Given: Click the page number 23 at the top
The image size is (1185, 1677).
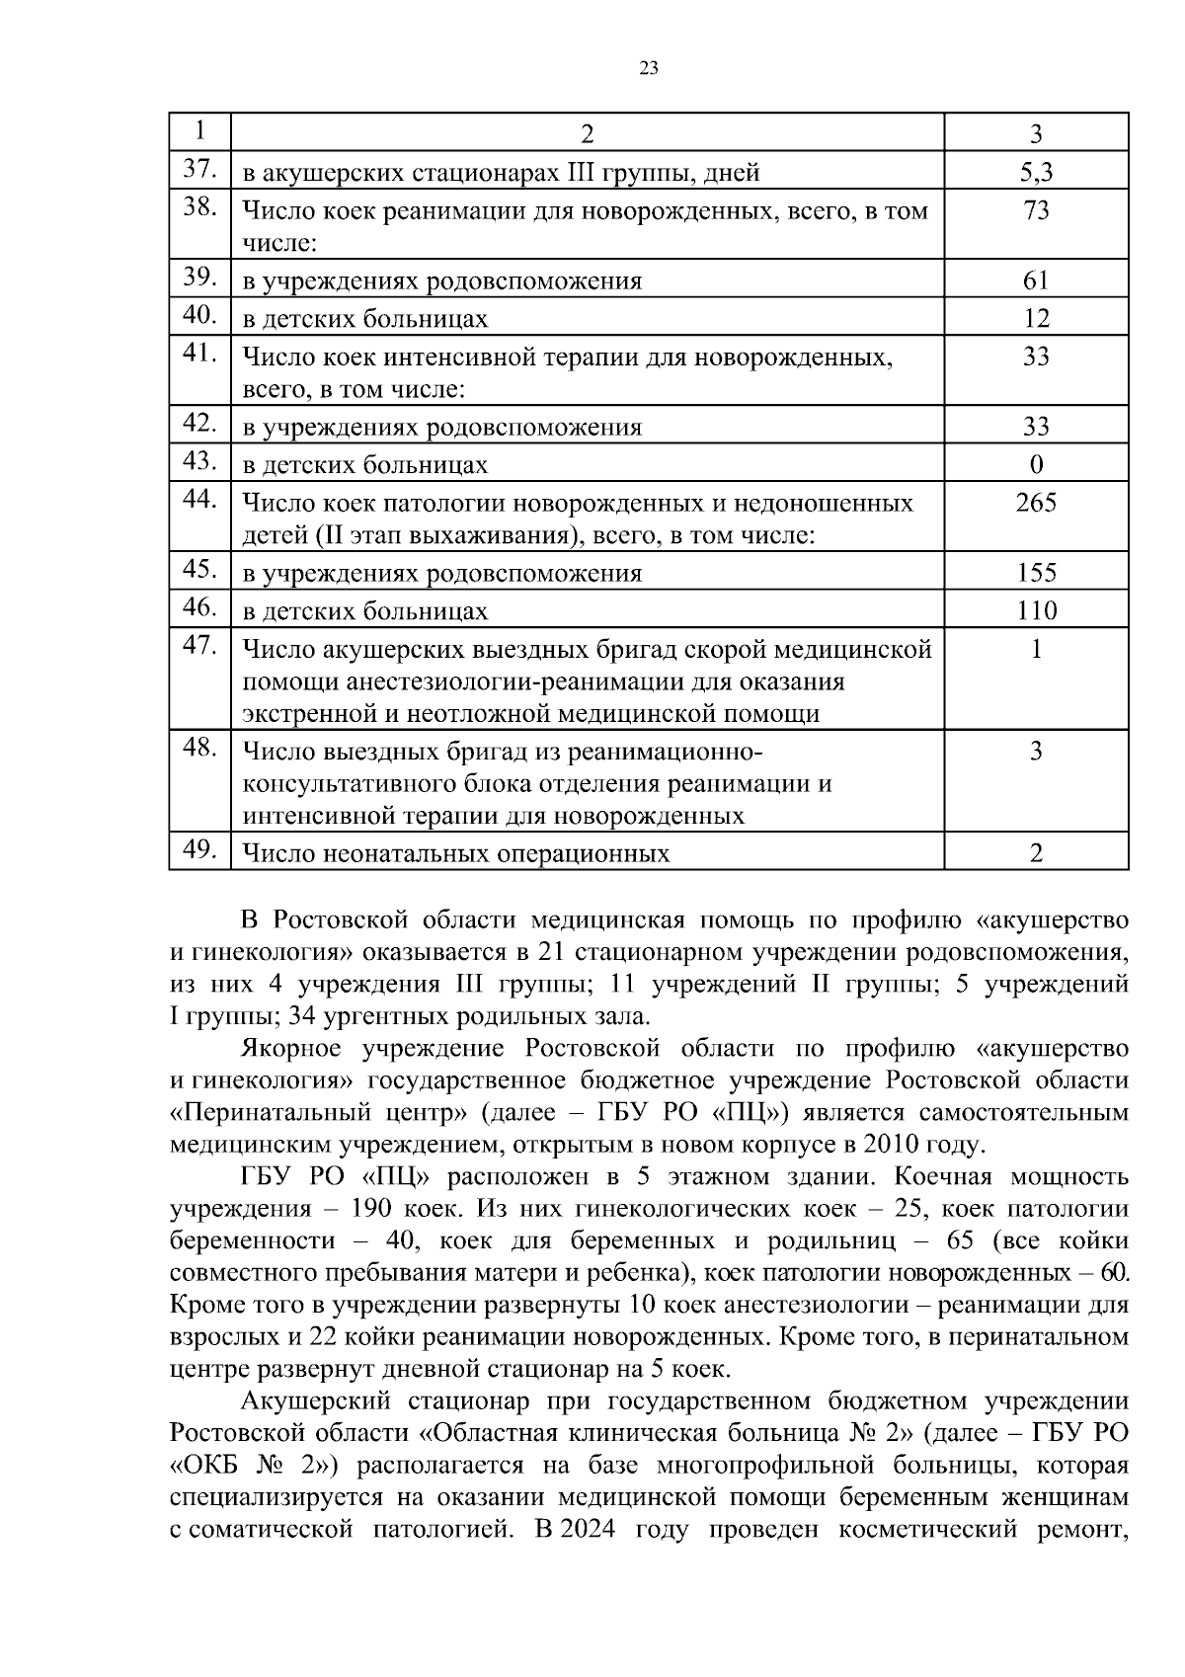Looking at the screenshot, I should (x=649, y=68).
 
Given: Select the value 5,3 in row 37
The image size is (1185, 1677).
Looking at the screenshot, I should (x=1036, y=173).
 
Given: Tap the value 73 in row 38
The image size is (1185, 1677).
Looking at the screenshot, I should (x=1036, y=210).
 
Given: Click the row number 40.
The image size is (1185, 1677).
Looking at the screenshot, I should (x=199, y=315).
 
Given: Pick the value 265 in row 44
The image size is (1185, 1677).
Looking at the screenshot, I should (x=1036, y=503).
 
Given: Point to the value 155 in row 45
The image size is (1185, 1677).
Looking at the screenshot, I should (x=1036, y=573).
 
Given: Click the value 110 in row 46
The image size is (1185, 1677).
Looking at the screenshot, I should (x=1036, y=611).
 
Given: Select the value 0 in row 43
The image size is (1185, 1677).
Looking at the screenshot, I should (x=1036, y=464).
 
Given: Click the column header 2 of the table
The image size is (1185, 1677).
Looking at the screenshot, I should (x=588, y=134).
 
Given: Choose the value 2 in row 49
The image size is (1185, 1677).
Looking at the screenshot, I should (x=1036, y=853).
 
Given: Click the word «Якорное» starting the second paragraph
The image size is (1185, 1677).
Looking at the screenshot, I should (x=291, y=1048).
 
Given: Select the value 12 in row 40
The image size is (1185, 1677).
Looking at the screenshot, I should (x=1036, y=319).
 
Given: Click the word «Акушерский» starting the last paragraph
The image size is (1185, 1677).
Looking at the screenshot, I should (x=314, y=1401).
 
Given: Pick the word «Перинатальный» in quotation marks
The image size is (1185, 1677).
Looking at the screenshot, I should (x=276, y=1113).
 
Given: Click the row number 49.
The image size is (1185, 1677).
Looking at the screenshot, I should (x=199, y=849).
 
